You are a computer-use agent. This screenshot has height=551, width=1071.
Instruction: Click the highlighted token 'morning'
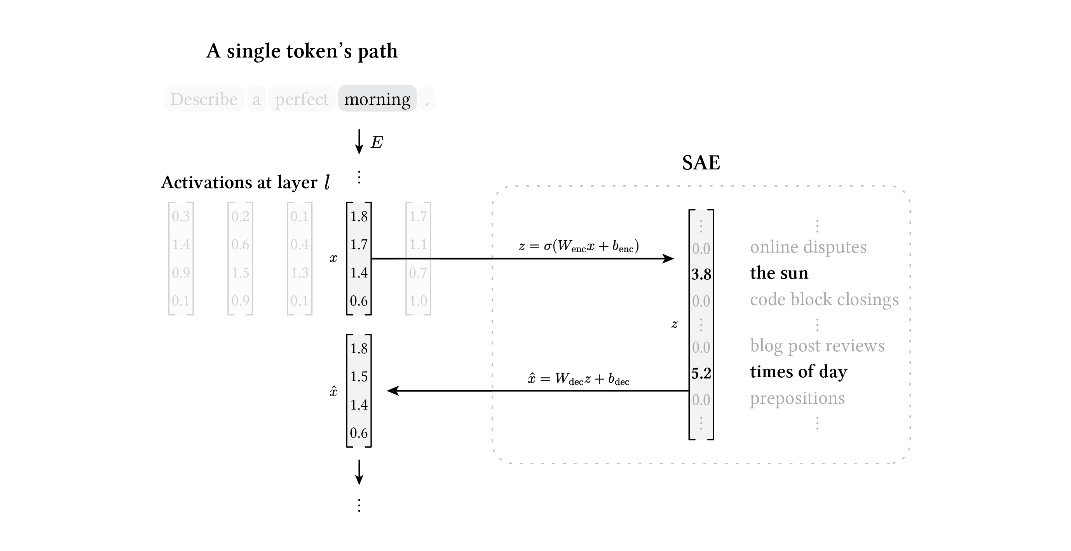[377, 99]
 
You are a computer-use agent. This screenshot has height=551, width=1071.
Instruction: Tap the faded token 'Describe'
[204, 99]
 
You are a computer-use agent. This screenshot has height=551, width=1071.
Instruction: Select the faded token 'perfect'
[302, 99]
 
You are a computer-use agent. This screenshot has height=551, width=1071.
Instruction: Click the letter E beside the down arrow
[377, 142]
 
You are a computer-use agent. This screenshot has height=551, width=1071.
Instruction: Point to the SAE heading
[701, 162]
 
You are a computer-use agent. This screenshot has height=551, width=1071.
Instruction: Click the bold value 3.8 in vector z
[701, 274]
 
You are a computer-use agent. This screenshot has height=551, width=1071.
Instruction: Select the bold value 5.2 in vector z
[701, 373]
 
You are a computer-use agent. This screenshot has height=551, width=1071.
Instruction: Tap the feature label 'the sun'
[779, 273]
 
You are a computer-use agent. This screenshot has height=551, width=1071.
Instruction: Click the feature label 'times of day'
[798, 371]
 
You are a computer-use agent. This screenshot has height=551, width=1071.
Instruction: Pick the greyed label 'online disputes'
[808, 247]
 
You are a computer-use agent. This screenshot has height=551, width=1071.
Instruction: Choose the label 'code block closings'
[824, 300]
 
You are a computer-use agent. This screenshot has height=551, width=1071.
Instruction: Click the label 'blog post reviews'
[817, 345]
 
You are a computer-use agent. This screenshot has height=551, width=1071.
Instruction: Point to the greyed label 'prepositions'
[797, 398]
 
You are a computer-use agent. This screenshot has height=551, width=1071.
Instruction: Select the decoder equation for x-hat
[578, 378]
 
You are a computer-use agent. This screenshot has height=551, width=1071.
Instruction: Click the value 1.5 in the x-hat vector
[359, 377]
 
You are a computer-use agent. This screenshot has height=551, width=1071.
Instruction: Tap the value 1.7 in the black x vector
[359, 244]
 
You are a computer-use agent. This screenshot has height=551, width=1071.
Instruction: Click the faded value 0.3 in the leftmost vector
[181, 216]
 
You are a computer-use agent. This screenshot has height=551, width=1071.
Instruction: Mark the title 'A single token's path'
[302, 51]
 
